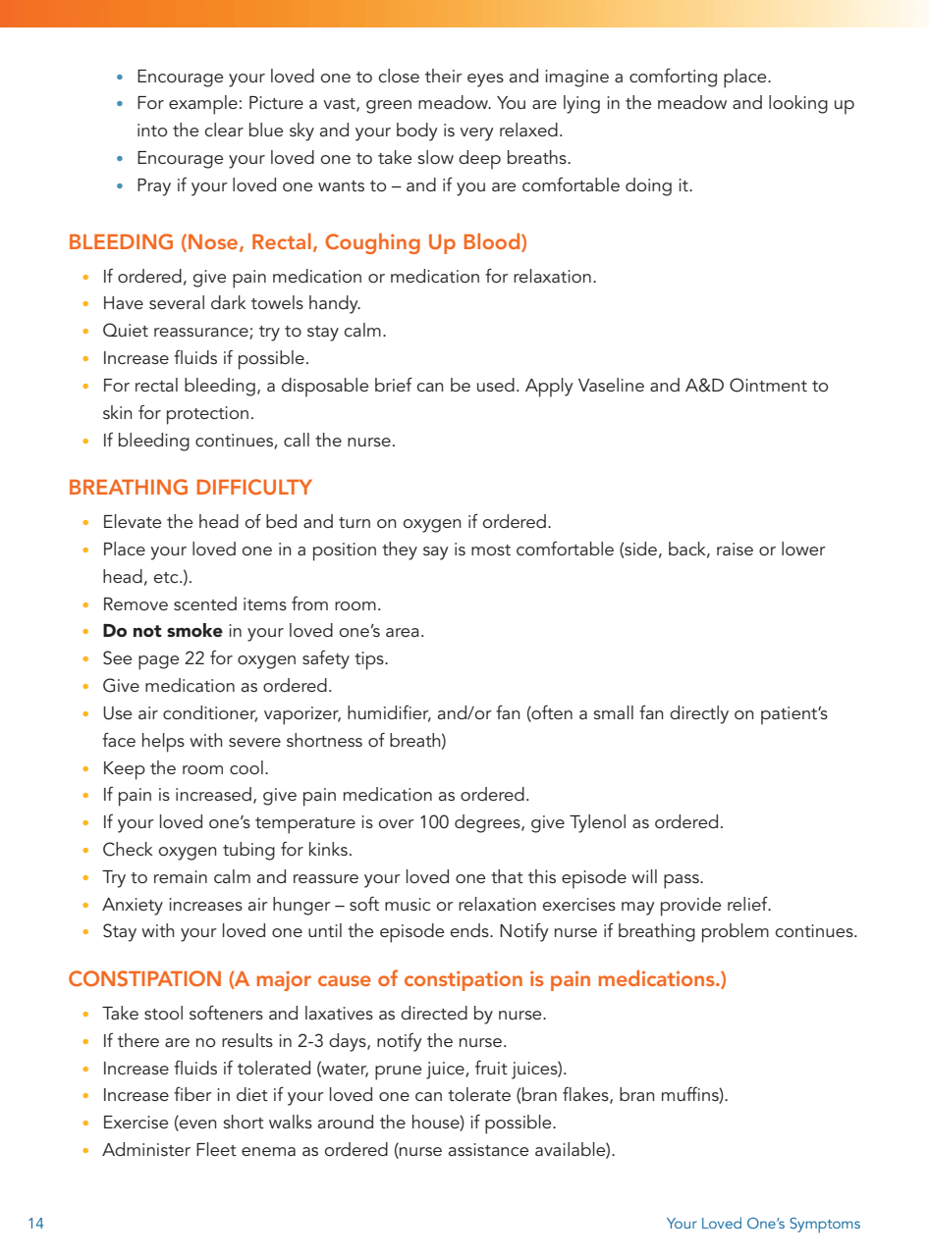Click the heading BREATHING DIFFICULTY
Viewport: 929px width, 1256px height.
[x=190, y=488]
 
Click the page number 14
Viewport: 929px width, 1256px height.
[x=35, y=1224]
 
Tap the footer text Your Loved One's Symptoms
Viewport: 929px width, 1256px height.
[x=763, y=1224]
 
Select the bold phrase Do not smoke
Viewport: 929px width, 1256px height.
[x=162, y=631]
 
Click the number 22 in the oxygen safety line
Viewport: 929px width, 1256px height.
[x=194, y=658]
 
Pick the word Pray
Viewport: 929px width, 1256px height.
[x=153, y=185]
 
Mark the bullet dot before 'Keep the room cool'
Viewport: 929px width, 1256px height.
[x=86, y=768]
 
